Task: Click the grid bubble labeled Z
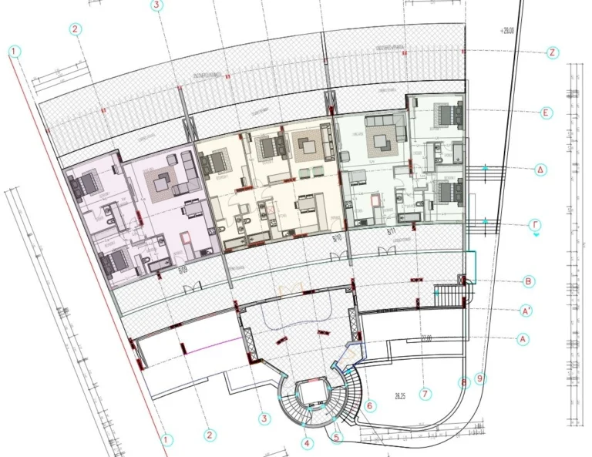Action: click(552, 53)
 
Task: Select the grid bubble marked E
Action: click(546, 113)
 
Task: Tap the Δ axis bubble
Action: click(541, 170)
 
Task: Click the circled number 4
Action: click(308, 443)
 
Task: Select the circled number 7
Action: click(425, 394)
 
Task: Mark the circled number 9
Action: click(481, 378)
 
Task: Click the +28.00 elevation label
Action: click(506, 32)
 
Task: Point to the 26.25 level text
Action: click(400, 397)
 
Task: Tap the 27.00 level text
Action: click(425, 338)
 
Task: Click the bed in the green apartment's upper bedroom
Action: click(444, 113)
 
